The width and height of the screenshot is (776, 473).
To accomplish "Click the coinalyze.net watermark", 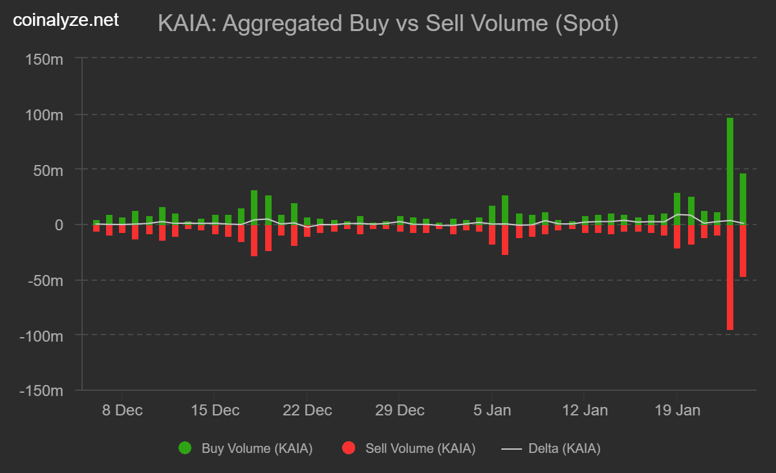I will click(x=66, y=21).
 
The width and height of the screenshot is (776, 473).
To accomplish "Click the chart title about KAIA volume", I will click(x=388, y=25).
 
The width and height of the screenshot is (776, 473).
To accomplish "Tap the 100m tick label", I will click(x=45, y=115).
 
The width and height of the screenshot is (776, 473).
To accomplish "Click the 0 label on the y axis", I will click(x=58, y=225).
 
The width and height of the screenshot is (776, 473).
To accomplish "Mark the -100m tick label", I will click(x=42, y=336).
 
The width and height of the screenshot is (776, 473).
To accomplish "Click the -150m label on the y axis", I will click(x=42, y=391).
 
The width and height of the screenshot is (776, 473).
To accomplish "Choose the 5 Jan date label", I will click(x=492, y=410).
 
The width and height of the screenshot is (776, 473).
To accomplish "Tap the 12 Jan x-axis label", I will click(x=585, y=410).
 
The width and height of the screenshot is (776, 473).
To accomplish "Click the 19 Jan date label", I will click(x=677, y=410).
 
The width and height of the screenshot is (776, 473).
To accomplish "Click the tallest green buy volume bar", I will click(x=730, y=171).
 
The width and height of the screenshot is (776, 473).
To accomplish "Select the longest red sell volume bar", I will click(x=730, y=278).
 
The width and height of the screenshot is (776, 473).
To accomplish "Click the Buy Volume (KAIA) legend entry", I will click(x=246, y=448).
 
